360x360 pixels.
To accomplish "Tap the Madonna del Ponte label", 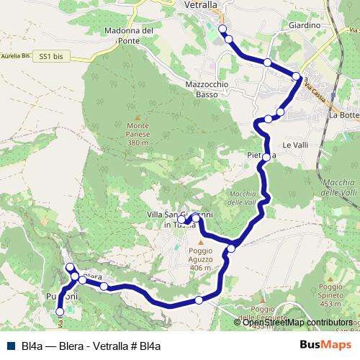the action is click(x=129, y=35).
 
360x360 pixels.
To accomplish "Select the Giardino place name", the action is click(x=303, y=25).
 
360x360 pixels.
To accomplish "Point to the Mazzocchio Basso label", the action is click(x=207, y=89).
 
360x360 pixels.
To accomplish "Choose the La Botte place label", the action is click(x=343, y=115).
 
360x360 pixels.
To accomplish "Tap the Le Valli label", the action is click(x=295, y=145).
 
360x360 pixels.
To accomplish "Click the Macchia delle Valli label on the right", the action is click(x=338, y=184).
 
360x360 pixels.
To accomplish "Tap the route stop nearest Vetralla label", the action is click(x=222, y=29).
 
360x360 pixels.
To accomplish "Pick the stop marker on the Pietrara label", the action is click(x=266, y=156).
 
